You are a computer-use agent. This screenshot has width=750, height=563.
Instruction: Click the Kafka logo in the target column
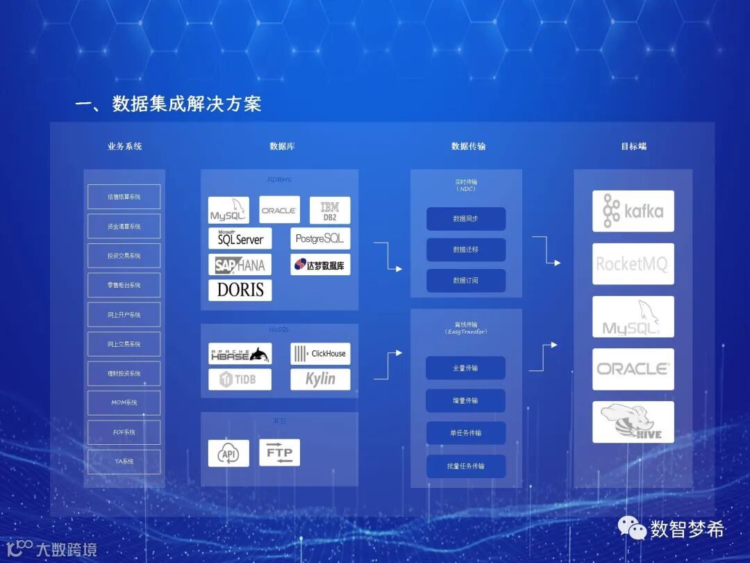633,211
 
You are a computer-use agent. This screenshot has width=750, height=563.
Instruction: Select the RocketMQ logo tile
633,264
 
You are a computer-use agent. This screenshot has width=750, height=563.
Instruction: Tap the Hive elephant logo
633,422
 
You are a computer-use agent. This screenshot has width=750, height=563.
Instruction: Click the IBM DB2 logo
330,210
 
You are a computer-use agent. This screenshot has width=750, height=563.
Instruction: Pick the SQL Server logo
240,238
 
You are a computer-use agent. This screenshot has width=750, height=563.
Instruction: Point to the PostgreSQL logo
320,238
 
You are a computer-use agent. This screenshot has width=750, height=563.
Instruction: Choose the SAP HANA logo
240,265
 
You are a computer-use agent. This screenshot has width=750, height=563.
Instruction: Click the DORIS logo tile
240,290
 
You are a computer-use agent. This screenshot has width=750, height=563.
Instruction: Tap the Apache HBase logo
240,354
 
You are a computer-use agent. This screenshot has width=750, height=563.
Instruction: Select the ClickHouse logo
320,354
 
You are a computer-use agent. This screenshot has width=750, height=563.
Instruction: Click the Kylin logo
320,380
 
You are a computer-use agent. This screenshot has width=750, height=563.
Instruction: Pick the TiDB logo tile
240,380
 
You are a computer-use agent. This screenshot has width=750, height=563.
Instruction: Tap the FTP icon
280,452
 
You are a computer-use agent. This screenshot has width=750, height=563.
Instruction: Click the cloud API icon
228,453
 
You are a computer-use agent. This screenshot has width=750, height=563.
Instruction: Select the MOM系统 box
124,402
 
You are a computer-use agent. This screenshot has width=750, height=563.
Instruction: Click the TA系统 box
124,462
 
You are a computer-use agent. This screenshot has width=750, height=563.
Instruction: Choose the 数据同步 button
465,219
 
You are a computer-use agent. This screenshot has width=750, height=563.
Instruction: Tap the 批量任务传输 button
465,466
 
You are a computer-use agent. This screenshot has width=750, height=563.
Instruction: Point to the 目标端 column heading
633,147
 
